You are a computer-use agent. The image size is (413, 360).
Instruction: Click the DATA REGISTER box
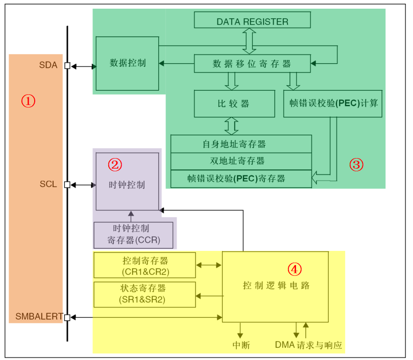(252, 21)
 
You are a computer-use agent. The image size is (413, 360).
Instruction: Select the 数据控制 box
(128, 63)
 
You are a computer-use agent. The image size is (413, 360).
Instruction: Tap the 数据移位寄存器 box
(252, 64)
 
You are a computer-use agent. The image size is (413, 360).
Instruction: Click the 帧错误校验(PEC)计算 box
(333, 104)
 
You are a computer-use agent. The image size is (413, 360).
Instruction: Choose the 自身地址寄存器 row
(241, 144)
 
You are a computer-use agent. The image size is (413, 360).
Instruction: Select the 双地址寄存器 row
(241, 161)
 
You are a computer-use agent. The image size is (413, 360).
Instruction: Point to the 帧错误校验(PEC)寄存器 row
(241, 178)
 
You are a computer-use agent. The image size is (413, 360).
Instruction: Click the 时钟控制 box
(128, 185)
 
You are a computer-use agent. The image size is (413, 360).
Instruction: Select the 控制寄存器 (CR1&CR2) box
(145, 265)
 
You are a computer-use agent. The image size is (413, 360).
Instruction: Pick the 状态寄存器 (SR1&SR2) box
(145, 294)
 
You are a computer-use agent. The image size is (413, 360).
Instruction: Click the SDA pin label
(48, 65)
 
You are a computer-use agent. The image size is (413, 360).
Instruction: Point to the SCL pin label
(48, 184)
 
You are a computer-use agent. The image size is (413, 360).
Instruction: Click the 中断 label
(241, 345)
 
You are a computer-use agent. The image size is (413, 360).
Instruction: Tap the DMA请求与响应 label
(308, 345)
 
